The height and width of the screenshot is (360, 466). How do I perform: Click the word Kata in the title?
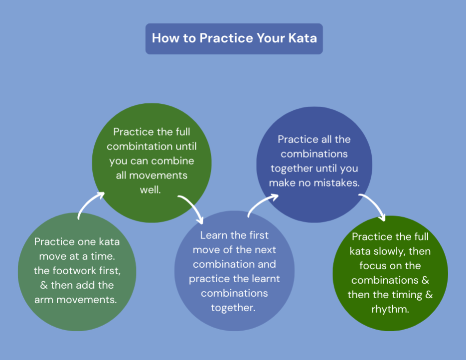(301, 38)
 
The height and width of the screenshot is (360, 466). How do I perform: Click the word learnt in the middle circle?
(261, 279)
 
